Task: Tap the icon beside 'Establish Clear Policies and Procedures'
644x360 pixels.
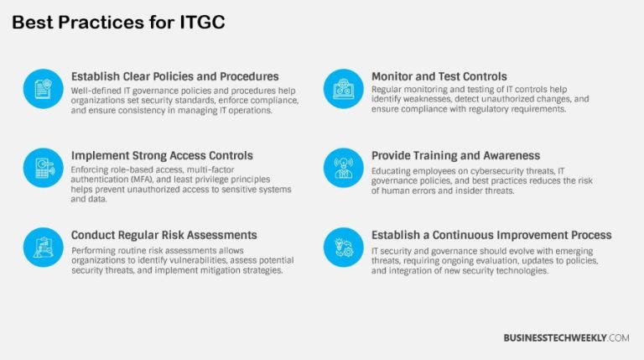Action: pos(44,89)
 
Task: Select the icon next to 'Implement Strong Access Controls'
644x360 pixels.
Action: pos(44,168)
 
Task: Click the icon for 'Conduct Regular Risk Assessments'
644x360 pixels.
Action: pos(44,247)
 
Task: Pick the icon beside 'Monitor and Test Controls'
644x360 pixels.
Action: pos(344,89)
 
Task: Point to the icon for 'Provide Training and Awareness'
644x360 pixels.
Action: pos(344,168)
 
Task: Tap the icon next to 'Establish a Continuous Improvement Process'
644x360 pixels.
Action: pos(344,247)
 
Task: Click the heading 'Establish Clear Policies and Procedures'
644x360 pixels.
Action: pos(174,76)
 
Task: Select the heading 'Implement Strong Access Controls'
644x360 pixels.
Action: pos(162,155)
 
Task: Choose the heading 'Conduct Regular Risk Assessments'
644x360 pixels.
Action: pos(164,235)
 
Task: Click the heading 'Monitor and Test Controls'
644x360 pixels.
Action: pos(439,76)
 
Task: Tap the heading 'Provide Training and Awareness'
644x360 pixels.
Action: pos(455,155)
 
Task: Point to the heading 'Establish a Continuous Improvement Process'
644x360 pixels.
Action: pos(491,235)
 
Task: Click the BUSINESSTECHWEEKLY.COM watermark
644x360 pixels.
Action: pos(566,337)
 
